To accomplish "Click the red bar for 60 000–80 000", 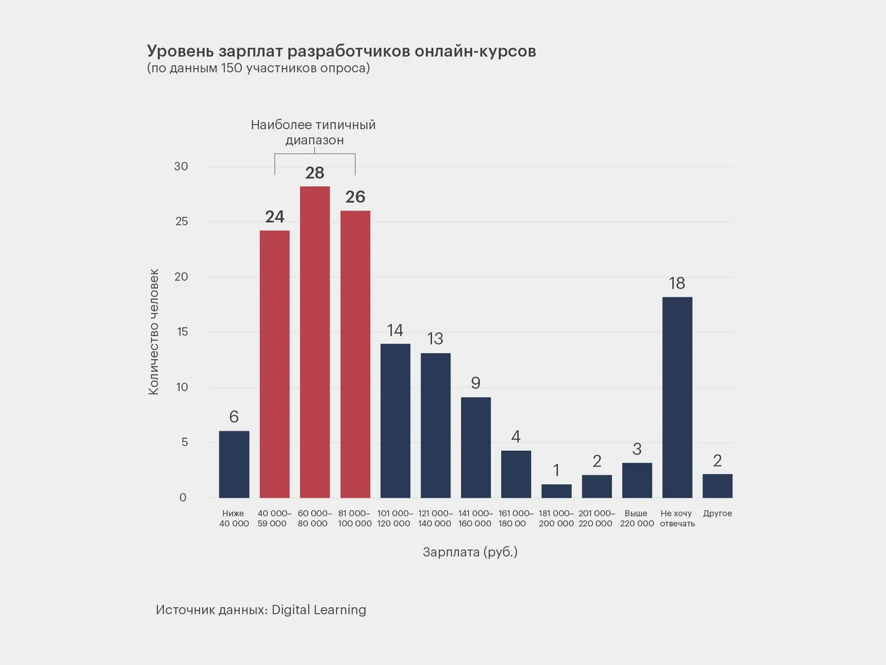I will [x=315, y=342].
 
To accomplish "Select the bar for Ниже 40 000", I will [x=234, y=464].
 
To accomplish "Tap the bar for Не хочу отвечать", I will [x=677, y=397].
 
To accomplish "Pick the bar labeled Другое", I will [x=717, y=486].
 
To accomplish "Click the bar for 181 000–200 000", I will [x=556, y=491].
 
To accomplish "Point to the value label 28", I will [x=315, y=173].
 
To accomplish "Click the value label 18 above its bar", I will [x=677, y=283].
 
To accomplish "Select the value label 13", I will [x=435, y=339].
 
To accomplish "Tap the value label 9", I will [x=476, y=383].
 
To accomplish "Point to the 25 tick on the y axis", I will [x=181, y=222].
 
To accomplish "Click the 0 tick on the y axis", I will [x=183, y=497].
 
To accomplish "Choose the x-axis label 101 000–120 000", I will [x=395, y=518].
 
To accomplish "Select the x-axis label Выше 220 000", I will [x=637, y=518].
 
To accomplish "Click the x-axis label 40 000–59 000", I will [x=274, y=518].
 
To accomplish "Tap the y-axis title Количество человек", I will [x=154, y=332].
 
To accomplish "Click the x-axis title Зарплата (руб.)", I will [x=470, y=552].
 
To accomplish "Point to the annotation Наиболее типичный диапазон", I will [x=313, y=132].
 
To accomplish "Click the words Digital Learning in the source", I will [x=319, y=610].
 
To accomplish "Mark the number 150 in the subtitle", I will [x=232, y=68].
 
